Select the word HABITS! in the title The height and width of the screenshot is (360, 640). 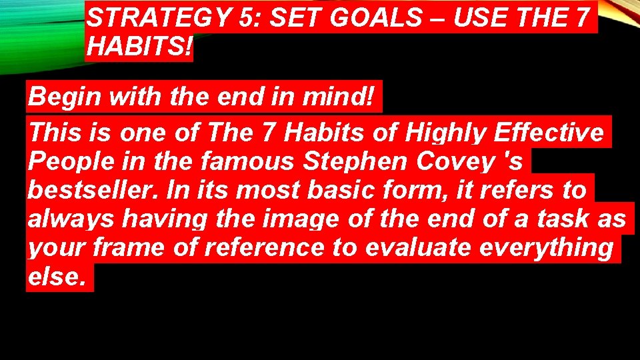point(138,47)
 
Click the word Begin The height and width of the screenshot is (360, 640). point(63,98)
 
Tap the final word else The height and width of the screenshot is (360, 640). point(57,276)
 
